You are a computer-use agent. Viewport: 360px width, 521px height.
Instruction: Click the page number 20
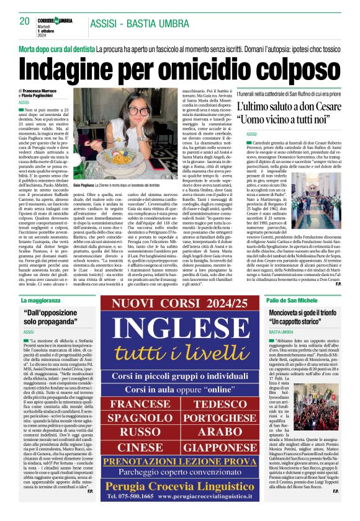coord(25,21)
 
